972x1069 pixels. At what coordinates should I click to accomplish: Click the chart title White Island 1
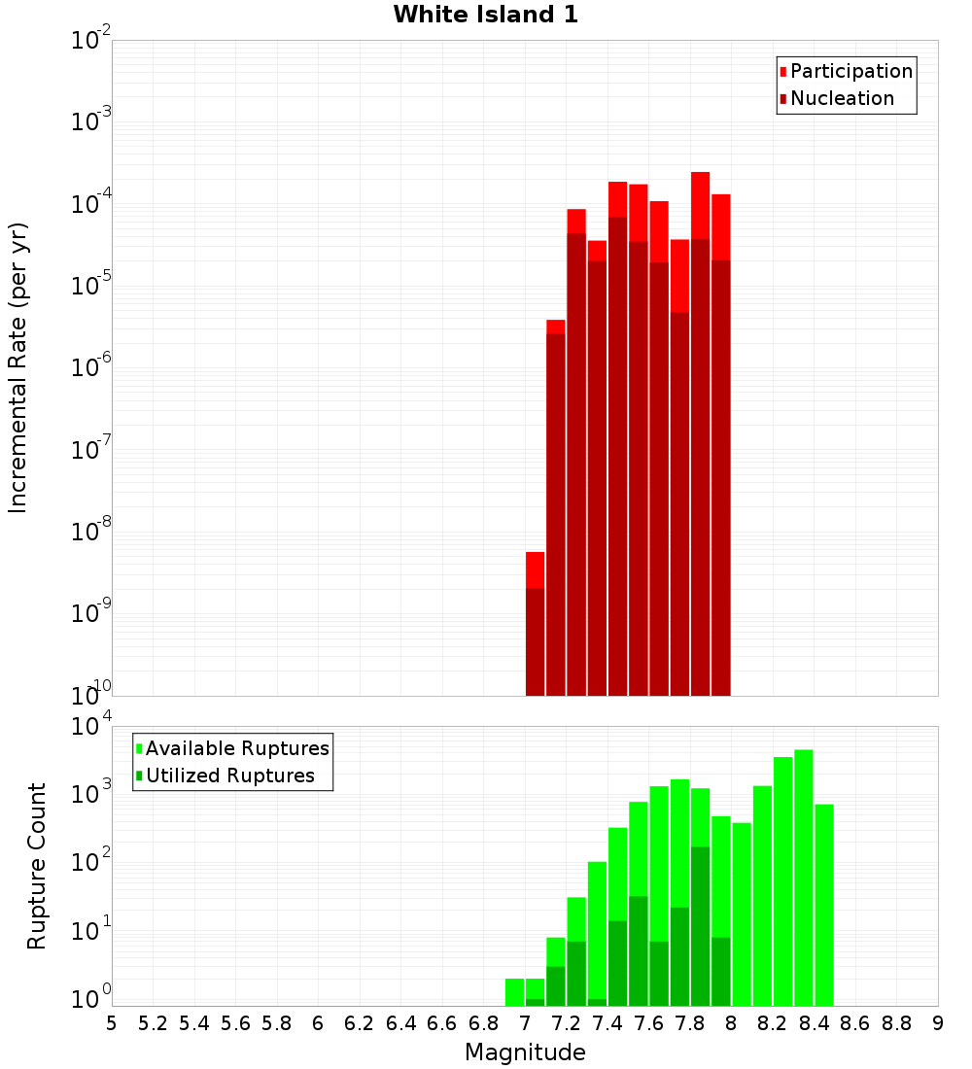(x=485, y=15)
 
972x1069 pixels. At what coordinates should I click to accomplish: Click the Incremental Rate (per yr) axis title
(x=18, y=367)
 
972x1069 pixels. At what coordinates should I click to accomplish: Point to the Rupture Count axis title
(x=37, y=866)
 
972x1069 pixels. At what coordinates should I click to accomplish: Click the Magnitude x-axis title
(x=525, y=1052)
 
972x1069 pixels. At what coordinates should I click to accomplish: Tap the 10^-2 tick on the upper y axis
(x=91, y=42)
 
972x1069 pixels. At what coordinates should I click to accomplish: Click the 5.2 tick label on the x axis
(x=153, y=1023)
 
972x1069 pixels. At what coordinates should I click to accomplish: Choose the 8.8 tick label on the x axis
(x=896, y=1023)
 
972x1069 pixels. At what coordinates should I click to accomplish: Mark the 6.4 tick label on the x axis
(x=400, y=1023)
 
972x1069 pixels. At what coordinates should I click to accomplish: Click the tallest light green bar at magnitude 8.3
(x=803, y=875)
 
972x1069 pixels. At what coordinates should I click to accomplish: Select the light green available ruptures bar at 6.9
(x=514, y=991)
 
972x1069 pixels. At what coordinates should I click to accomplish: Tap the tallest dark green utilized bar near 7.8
(x=700, y=923)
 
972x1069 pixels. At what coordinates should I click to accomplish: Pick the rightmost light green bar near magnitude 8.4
(x=824, y=904)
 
